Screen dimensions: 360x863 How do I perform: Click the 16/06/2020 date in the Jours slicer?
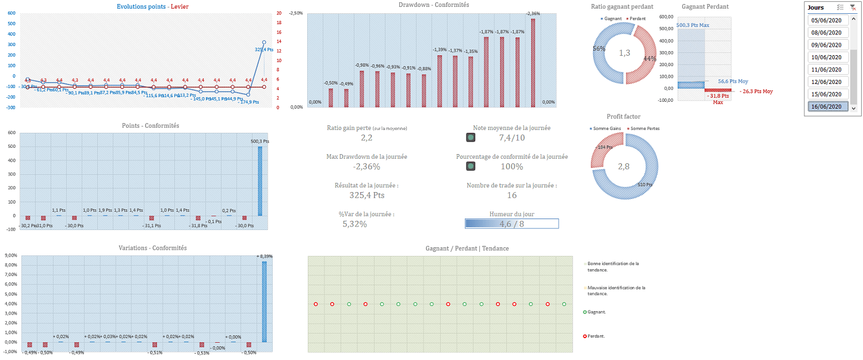[x=828, y=106]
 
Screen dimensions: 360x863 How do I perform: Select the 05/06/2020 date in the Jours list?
[x=828, y=20]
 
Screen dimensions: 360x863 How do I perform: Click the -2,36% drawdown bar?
[x=533, y=63]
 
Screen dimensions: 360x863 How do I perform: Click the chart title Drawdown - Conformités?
[x=433, y=5]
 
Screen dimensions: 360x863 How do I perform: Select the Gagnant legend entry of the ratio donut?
[x=613, y=18]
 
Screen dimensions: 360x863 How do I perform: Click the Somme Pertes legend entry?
[x=644, y=128]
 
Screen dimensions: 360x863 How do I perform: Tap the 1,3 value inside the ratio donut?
[x=624, y=53]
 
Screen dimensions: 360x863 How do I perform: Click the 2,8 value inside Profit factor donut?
[x=624, y=166]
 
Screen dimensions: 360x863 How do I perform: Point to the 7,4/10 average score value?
[x=512, y=137]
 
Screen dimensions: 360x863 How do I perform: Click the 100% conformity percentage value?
[x=511, y=167]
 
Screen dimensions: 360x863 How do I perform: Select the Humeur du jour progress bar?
[x=511, y=224]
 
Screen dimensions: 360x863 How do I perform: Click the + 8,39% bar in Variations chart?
[x=264, y=301]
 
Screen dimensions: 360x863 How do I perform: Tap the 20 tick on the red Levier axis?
[x=279, y=13]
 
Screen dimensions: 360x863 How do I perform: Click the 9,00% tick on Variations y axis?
[x=10, y=265]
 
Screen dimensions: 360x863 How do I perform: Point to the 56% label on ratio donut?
[x=599, y=49]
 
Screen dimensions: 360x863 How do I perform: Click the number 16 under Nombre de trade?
[x=511, y=196]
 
